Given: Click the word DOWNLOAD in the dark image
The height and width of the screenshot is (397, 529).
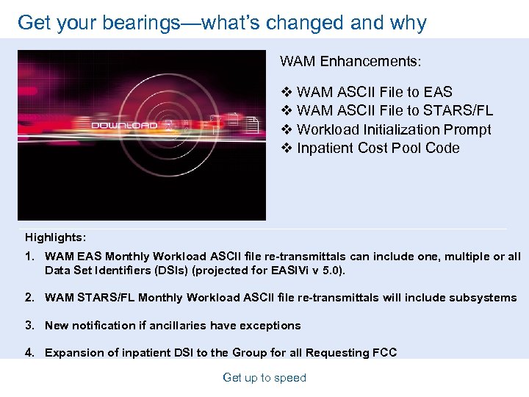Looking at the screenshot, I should tap(123, 125).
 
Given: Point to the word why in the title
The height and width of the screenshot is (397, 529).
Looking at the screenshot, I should tap(410, 23).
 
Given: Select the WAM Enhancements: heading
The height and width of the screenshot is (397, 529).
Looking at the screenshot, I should tap(350, 61).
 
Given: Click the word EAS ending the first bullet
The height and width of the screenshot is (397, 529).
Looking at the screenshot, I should tap(438, 92).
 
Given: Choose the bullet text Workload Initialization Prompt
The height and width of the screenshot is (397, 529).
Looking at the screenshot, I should tap(394, 129).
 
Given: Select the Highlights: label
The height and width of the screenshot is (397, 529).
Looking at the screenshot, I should tap(55, 237).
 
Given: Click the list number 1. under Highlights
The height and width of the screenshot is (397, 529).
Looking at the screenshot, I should tap(30, 257).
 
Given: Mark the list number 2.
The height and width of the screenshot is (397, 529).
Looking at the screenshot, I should tap(30, 298).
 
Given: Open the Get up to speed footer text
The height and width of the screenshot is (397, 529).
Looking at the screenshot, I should tap(264, 378).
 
